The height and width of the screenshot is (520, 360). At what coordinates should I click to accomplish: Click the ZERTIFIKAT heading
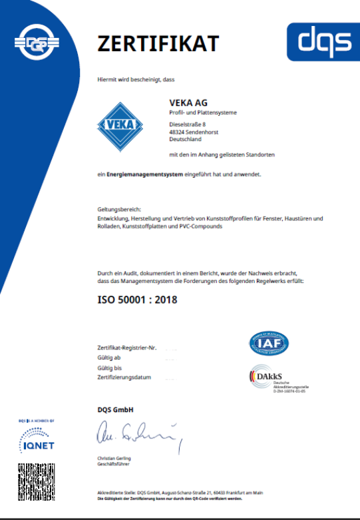coord(158,43)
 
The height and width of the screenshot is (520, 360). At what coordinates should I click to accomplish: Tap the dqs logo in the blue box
coord(324,41)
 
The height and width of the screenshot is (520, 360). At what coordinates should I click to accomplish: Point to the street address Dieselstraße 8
coord(188,125)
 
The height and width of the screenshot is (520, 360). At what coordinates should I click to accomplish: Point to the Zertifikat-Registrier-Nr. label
coord(126,348)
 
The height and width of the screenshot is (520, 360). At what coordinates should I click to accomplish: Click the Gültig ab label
coord(108,358)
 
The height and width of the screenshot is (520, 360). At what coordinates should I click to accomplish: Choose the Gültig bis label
coord(109,368)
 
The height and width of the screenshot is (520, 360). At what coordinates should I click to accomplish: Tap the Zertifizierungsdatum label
coord(124,378)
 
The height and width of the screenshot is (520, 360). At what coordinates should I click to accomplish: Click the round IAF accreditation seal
coord(269,342)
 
